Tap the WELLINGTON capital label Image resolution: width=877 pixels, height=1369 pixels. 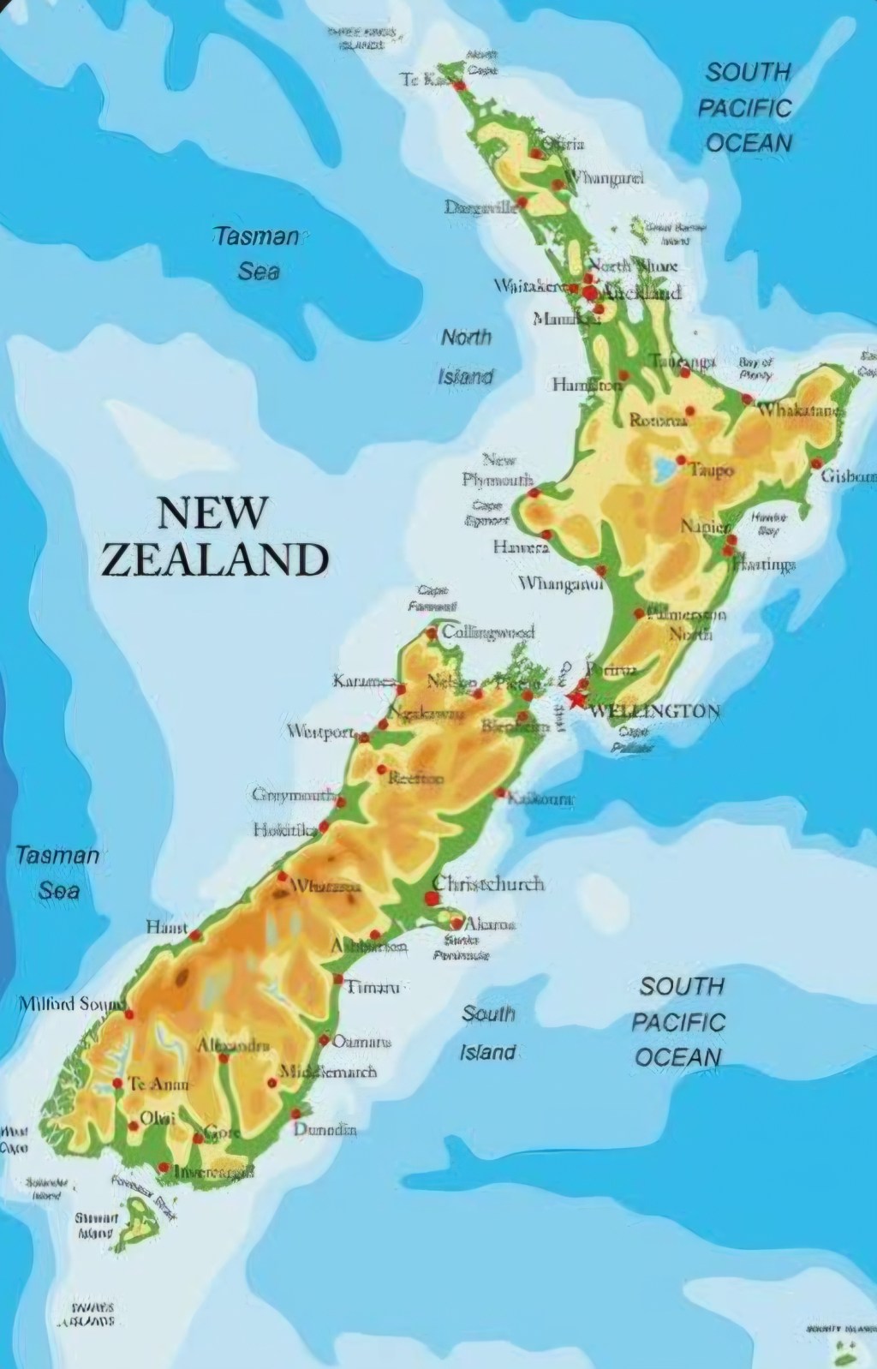655,710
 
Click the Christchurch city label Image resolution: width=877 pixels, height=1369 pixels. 488,883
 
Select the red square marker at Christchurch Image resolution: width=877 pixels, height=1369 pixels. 431,898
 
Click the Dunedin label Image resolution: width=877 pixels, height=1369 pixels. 325,1129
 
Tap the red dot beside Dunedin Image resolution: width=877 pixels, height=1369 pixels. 295,1114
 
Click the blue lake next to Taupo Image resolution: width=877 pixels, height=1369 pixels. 663,468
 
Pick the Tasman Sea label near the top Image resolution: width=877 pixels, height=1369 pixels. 257,254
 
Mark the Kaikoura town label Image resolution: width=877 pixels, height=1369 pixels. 540,799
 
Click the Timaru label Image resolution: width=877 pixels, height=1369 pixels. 373,987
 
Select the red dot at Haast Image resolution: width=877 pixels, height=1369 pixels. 195,936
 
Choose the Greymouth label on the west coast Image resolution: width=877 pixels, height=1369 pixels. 294,795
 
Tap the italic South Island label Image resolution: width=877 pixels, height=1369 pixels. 488,1032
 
